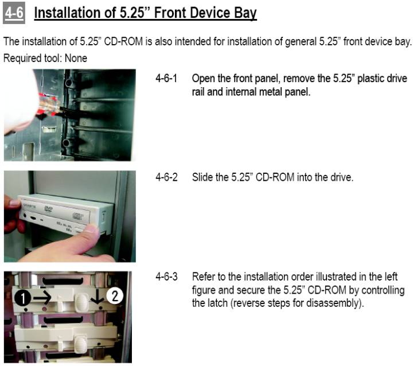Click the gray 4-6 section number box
pyautogui.click(x=14, y=13)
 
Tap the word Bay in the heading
pyautogui.click(x=246, y=13)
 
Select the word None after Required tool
pyautogui.click(x=76, y=58)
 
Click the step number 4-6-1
pyautogui.click(x=166, y=78)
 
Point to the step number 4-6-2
pyautogui.click(x=166, y=177)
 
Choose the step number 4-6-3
pyautogui.click(x=166, y=277)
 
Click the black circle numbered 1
pyautogui.click(x=22, y=298)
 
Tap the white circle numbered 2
pyautogui.click(x=115, y=295)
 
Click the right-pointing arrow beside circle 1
pyautogui.click(x=42, y=298)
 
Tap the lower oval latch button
pyautogui.click(x=81, y=344)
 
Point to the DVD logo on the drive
pyautogui.click(x=48, y=209)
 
